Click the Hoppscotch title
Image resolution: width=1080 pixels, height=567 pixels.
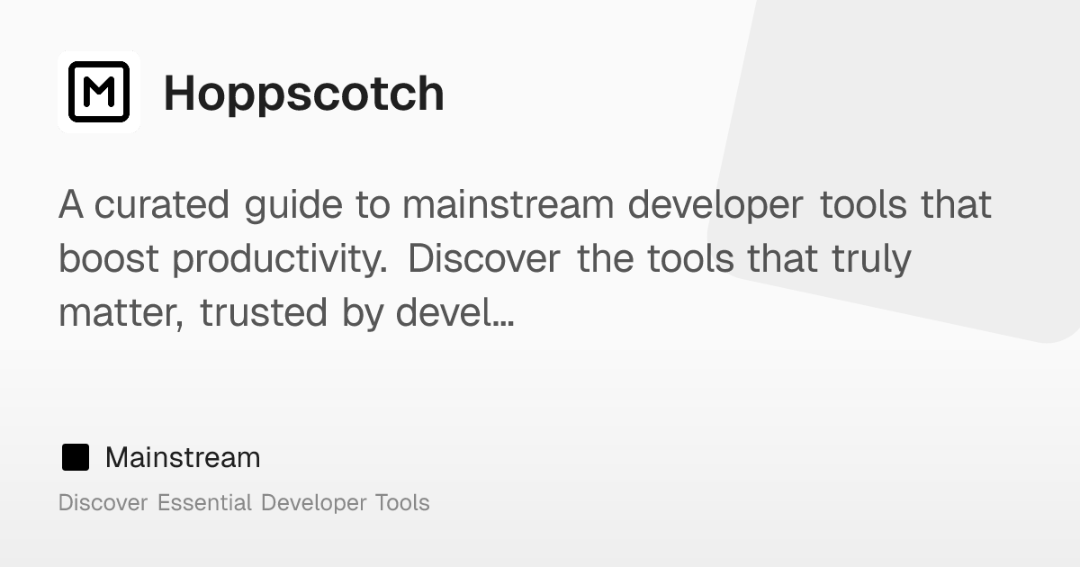303,94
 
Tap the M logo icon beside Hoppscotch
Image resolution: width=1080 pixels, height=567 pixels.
99,92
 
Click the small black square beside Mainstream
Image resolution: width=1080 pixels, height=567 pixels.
76,457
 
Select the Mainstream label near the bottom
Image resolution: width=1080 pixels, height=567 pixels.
183,457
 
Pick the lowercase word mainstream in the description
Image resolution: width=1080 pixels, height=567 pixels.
508,205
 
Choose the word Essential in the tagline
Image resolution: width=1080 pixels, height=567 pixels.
204,502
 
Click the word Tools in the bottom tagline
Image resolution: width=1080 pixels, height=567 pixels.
401,502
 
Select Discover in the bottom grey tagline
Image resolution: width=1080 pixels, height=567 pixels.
103,502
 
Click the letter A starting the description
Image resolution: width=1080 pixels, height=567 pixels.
71,205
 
